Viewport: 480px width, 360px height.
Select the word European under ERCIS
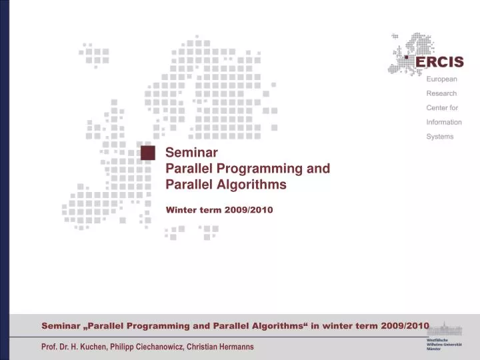(442, 79)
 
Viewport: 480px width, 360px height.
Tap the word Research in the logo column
(441, 93)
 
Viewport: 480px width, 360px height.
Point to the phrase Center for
(442, 108)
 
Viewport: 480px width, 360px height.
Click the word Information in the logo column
(444, 122)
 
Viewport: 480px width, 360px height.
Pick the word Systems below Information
(440, 137)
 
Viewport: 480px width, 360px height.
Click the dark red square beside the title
(148, 153)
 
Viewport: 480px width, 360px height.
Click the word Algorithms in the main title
(254, 184)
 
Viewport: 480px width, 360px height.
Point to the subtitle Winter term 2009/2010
(219, 209)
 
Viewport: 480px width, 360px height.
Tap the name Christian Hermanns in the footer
(220, 347)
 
